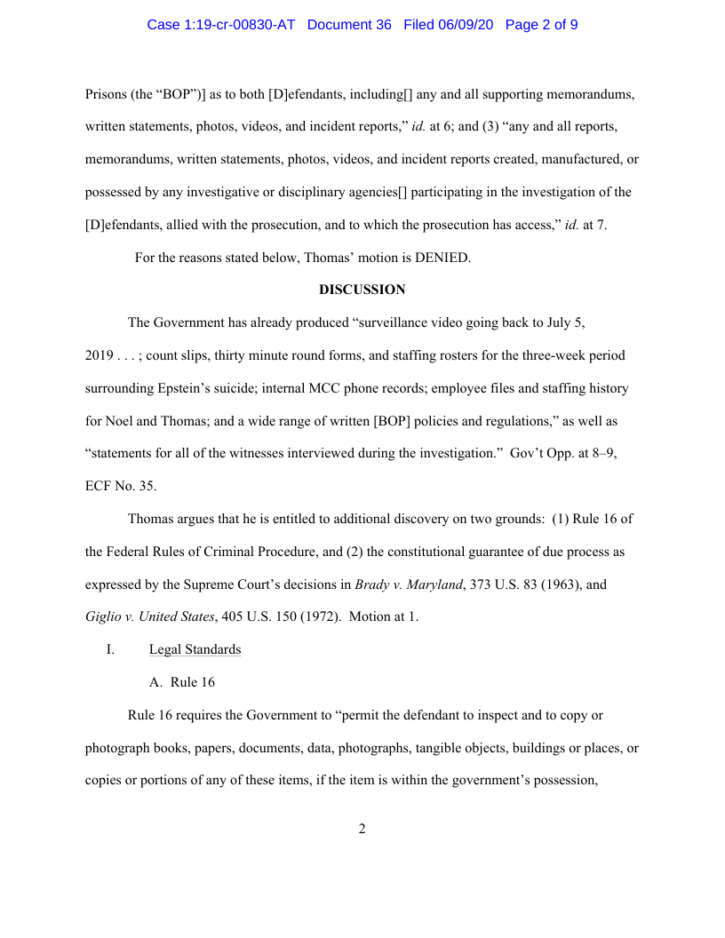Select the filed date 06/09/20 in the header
pos(466,25)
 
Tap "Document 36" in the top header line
pos(348,25)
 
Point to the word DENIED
pos(442,258)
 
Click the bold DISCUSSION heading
pos(362,290)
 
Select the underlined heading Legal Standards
pos(195,649)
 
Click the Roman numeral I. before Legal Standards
pos(110,649)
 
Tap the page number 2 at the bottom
pos(362,830)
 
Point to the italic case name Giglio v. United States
pos(149,617)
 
